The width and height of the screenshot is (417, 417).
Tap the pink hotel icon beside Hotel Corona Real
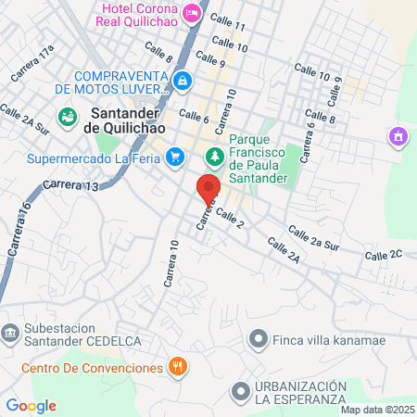(192, 13)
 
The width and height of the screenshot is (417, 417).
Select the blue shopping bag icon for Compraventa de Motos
(183, 82)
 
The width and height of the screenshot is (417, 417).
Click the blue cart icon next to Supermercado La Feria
(173, 158)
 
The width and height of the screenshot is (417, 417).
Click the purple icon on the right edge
(398, 137)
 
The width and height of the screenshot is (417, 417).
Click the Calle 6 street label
(194, 118)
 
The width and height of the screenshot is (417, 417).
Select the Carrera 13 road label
(70, 185)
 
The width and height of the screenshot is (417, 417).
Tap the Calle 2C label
(383, 254)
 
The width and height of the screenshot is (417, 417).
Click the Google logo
(31, 405)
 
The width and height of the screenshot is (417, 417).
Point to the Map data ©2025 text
(377, 410)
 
